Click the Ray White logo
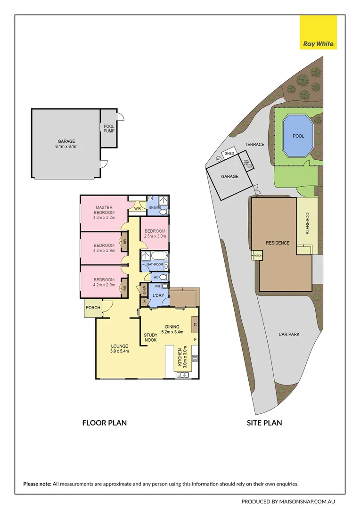[318, 32]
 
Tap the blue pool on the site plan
[298, 136]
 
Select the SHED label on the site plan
[229, 154]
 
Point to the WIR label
[138, 208]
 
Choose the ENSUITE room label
[155, 208]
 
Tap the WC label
[156, 276]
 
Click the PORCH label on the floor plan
[93, 308]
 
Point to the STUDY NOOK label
[150, 337]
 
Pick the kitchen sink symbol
[182, 375]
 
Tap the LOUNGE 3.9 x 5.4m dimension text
[120, 351]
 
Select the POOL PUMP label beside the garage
[109, 129]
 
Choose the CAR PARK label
[289, 334]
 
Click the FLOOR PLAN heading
[104, 423]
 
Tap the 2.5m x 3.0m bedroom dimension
[155, 236]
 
